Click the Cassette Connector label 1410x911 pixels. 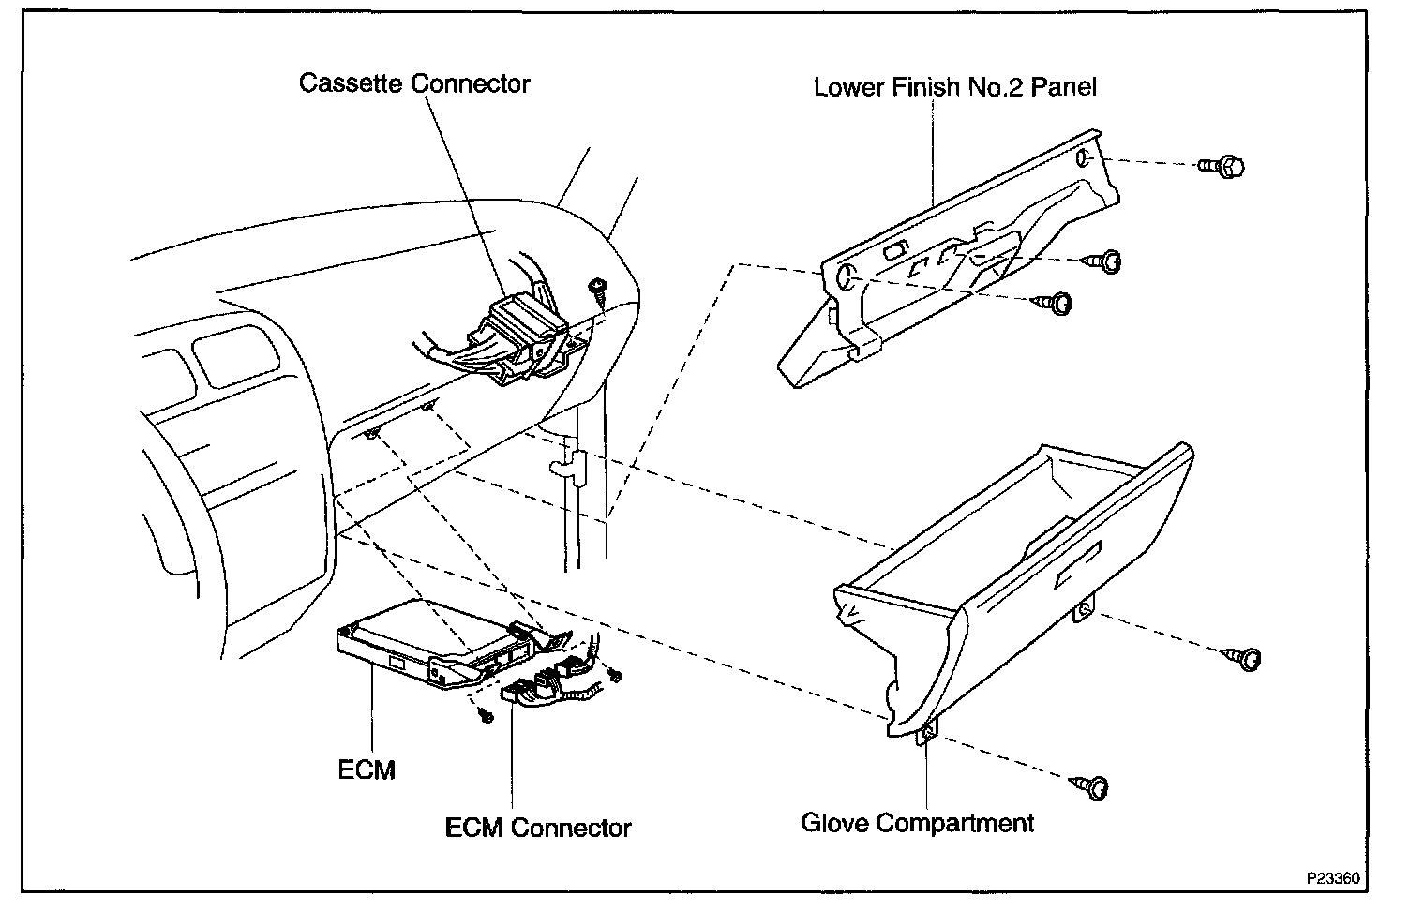pos(414,83)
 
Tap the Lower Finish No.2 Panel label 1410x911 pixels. pos(954,87)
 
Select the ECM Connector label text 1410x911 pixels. pos(538,828)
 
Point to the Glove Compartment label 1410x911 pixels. pos(917,823)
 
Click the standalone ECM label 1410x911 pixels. pos(367,769)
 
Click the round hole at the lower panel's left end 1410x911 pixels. pos(842,276)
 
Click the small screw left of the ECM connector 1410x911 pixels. pos(485,715)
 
